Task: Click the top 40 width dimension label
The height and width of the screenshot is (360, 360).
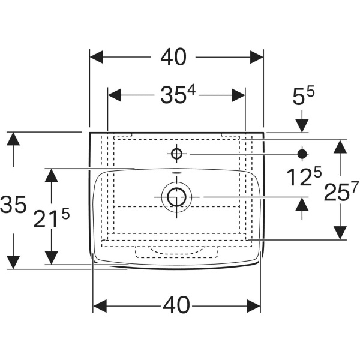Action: pos(173,57)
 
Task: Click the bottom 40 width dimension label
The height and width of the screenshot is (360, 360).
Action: pos(176,305)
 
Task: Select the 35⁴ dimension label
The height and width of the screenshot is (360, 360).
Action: pos(178,94)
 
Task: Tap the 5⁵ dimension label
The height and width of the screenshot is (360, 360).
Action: pos(303,96)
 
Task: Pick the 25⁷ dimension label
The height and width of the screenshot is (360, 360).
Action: pos(341,191)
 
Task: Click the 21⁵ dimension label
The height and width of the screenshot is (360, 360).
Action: pos(51,218)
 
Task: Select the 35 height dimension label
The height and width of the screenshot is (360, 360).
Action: pos(13,204)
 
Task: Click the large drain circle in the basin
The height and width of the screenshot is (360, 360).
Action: pos(176,197)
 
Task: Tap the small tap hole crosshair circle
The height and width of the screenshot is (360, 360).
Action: pos(176,154)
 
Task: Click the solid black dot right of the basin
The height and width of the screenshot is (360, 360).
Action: pos(302,154)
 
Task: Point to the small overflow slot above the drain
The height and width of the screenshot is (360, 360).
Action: pos(176,172)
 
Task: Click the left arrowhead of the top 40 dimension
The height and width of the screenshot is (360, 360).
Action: pos(96,57)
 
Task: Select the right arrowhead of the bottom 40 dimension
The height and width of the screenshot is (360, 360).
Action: pos(254,306)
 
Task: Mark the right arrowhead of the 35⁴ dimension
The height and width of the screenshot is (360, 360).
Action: pos(239,95)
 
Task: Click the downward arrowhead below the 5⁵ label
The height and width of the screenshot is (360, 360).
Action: pos(302,126)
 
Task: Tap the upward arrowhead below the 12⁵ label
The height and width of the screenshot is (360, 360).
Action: pos(302,204)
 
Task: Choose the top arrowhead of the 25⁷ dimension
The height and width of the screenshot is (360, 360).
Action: pos(340,146)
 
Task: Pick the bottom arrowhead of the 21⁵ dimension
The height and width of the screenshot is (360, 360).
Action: pos(51,258)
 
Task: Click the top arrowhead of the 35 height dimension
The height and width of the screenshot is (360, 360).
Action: pos(13,139)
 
